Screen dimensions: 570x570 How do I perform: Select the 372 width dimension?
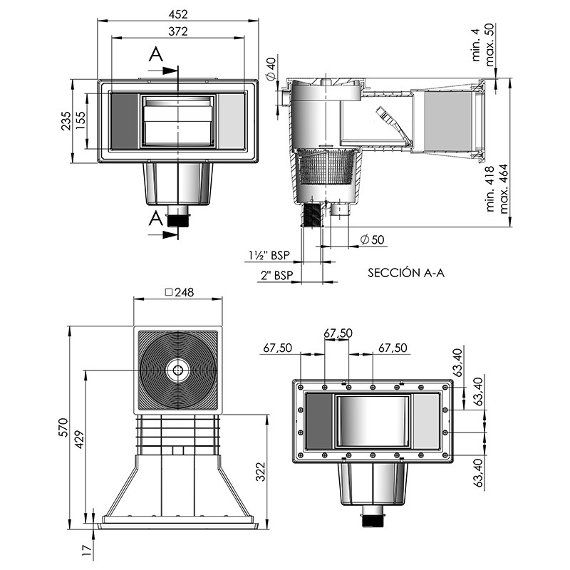[x=179, y=31]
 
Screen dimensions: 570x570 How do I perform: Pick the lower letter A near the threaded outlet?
[x=155, y=219]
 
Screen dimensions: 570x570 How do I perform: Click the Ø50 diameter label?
[x=372, y=239]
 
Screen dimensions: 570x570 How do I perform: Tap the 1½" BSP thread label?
[x=269, y=255]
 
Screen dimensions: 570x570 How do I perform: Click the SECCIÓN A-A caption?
[x=406, y=272]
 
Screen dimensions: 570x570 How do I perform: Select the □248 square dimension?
[x=179, y=292]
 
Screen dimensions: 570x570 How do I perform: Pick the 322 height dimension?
[x=261, y=471]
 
